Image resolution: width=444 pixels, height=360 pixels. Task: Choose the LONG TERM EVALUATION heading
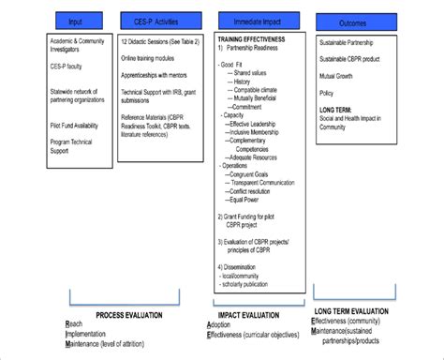(x=353, y=309)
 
